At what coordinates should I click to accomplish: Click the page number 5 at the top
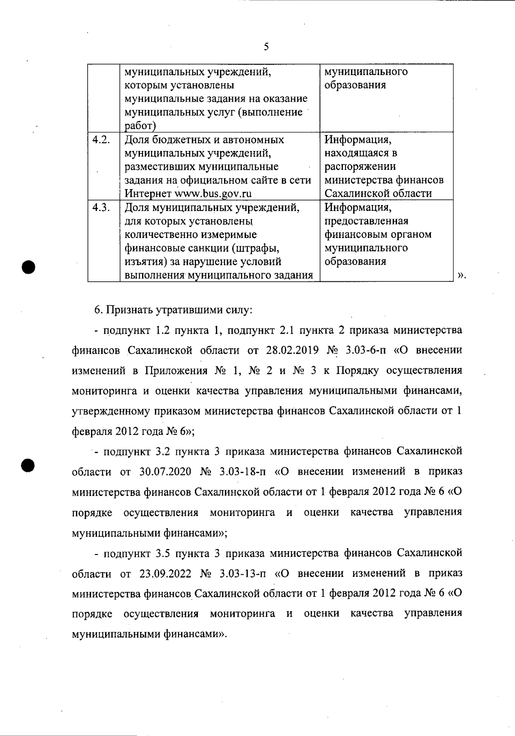pos(266,47)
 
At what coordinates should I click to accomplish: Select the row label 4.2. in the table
pos(101,140)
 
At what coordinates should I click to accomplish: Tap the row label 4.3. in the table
pos(101,208)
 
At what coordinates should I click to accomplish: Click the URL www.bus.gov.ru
pos(212,193)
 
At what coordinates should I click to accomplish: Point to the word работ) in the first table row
pos(140,126)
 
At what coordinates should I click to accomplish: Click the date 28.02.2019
pos(292,350)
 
